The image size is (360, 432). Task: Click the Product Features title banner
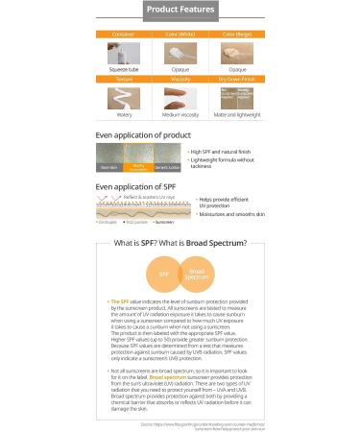179,12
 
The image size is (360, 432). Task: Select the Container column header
127,34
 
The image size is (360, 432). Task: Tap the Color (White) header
179,34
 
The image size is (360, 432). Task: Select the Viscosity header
179,82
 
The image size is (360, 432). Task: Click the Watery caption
127,117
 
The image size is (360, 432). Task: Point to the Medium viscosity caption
179,117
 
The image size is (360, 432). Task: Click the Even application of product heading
136,135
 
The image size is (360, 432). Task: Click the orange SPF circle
164,274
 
